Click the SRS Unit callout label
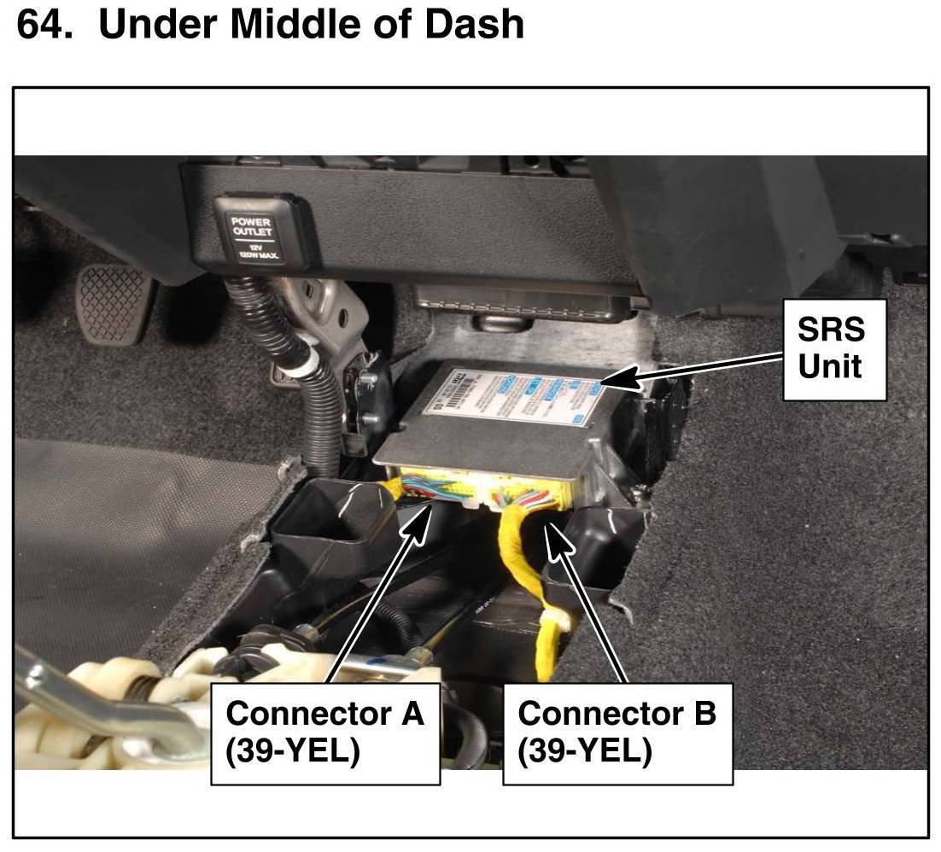(834, 348)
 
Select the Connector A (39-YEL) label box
(325, 732)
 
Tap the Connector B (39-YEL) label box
(617, 732)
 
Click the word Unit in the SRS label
(829, 367)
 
